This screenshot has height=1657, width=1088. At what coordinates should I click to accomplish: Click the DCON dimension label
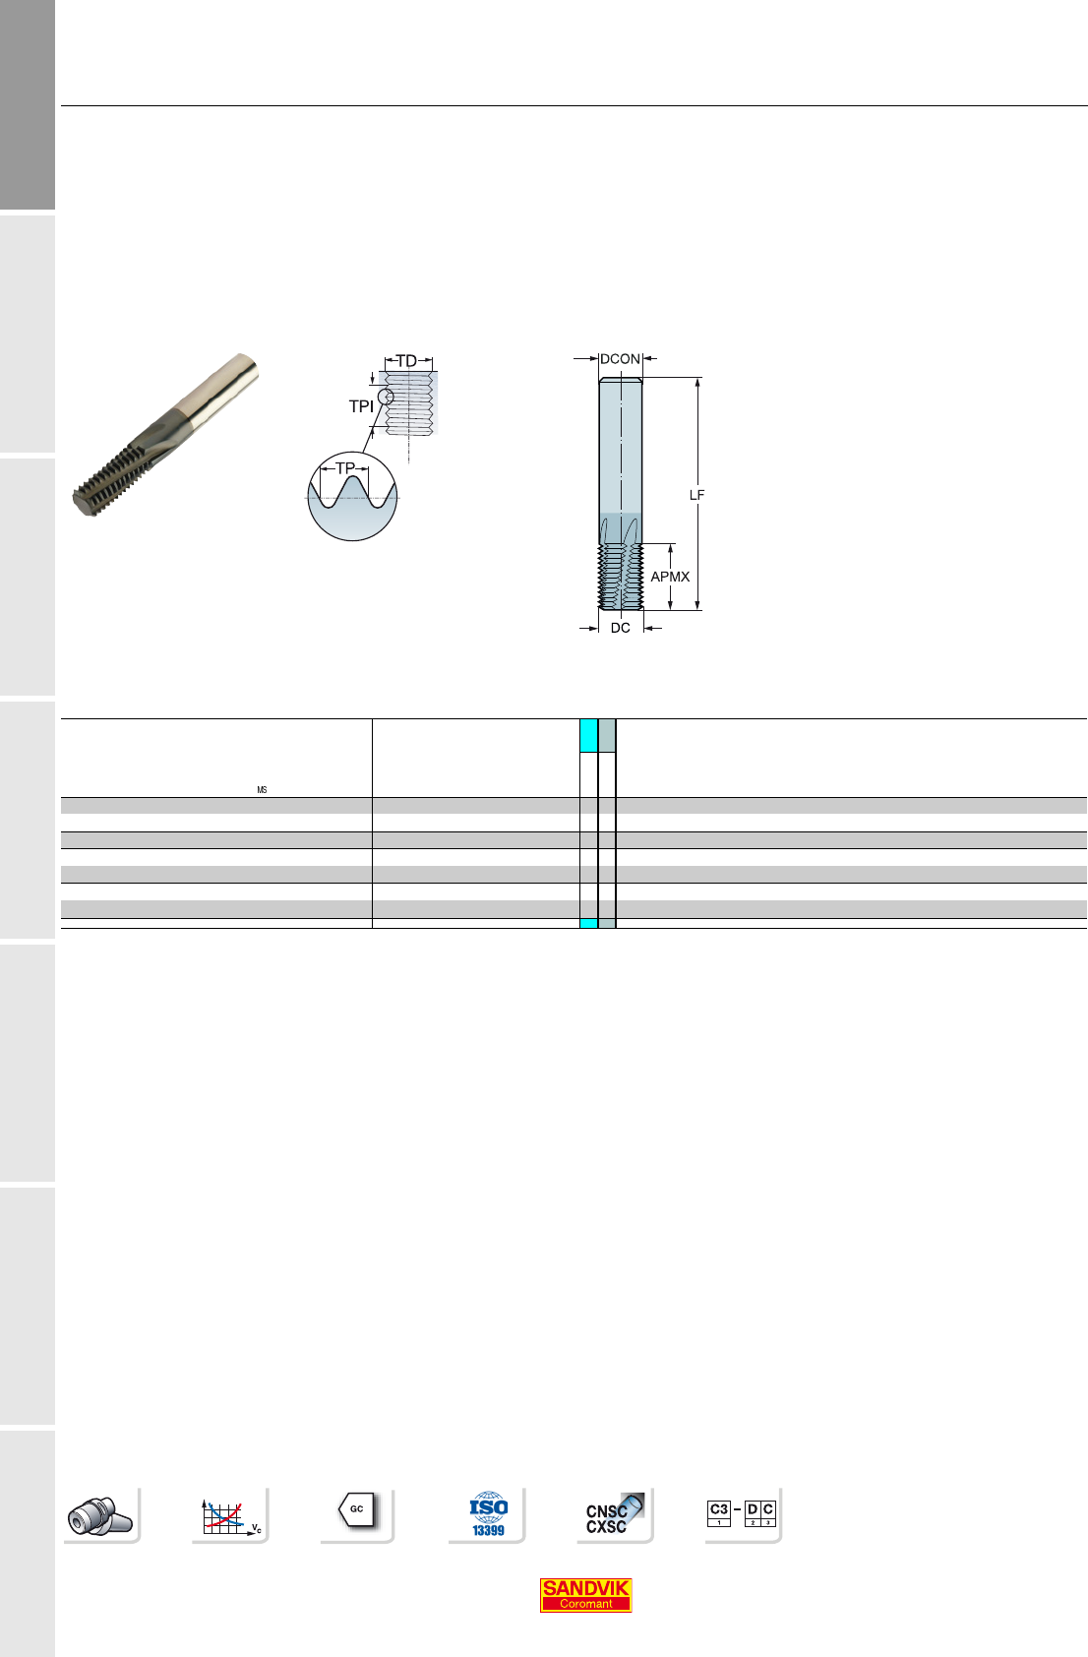coord(620,359)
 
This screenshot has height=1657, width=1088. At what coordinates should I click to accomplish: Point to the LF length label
coord(696,495)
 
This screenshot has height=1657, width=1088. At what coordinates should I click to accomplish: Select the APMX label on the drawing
coord(670,577)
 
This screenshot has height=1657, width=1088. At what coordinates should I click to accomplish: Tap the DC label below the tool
coord(620,628)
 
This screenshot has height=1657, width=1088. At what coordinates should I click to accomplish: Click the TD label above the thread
coord(407,361)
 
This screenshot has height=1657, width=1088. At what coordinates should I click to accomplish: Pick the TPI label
coord(361,406)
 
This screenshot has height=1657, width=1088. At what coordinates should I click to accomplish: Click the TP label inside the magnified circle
coord(345,468)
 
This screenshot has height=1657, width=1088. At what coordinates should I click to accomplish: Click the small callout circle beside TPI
coord(386,398)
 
